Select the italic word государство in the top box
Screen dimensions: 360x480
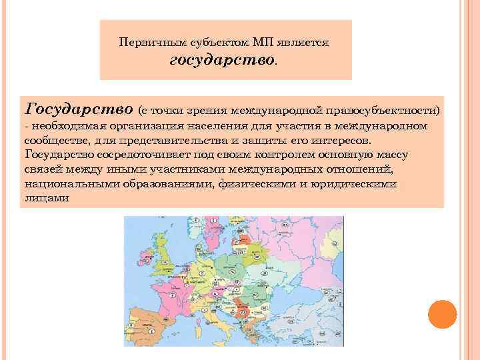222,61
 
